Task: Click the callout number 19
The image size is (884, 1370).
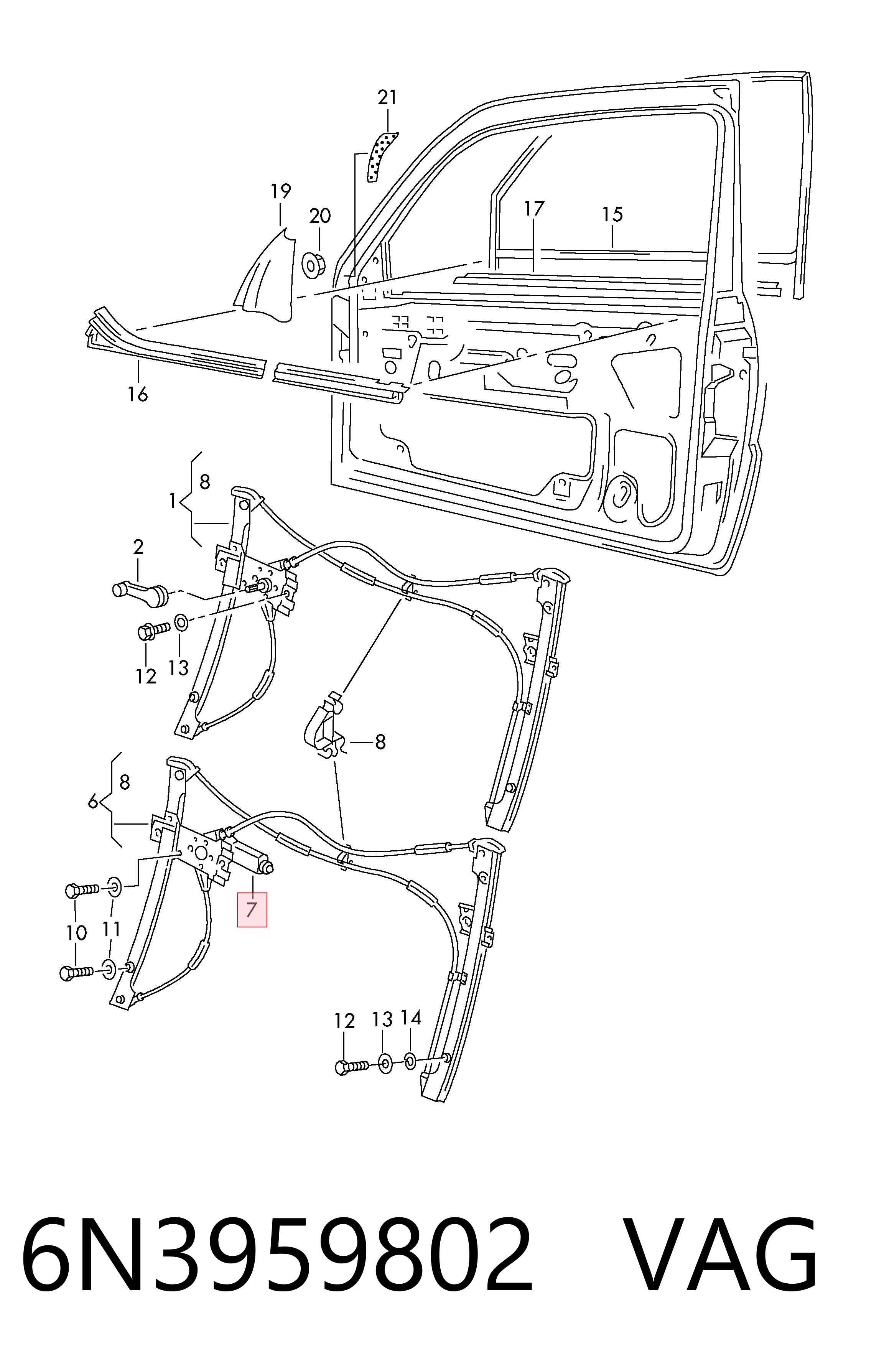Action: [x=281, y=191]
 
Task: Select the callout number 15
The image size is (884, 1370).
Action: [x=612, y=215]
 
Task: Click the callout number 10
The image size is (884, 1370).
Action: [x=76, y=933]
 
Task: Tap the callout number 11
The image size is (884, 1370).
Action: [x=111, y=929]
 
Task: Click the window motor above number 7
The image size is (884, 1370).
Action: [x=250, y=858]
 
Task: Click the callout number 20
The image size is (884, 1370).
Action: [x=320, y=216]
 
